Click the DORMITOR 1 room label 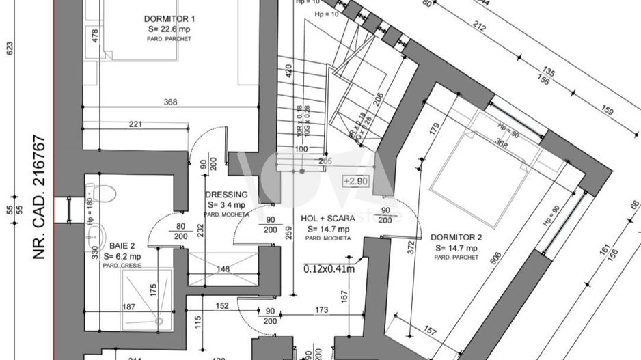(169, 18)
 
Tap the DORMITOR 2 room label (456, 238)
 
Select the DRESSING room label (226, 194)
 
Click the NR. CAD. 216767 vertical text (39, 198)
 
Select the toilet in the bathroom (101, 191)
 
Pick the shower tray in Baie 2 (147, 295)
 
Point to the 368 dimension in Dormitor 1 (170, 102)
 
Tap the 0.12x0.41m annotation (329, 268)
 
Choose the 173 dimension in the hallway (322, 311)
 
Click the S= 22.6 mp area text (169, 29)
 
